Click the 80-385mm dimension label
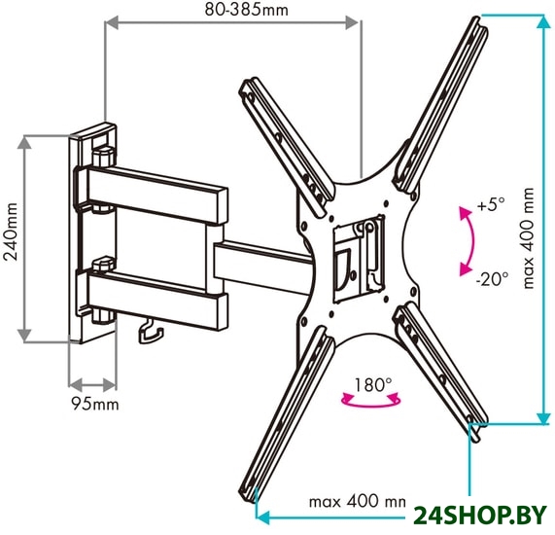[247, 10]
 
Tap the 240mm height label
[11, 232]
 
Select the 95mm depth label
[95, 404]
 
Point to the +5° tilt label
[491, 204]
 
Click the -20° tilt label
[492, 279]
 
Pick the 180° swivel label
[372, 384]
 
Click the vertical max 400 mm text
[528, 238]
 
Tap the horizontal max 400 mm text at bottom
[358, 502]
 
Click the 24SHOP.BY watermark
[480, 516]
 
